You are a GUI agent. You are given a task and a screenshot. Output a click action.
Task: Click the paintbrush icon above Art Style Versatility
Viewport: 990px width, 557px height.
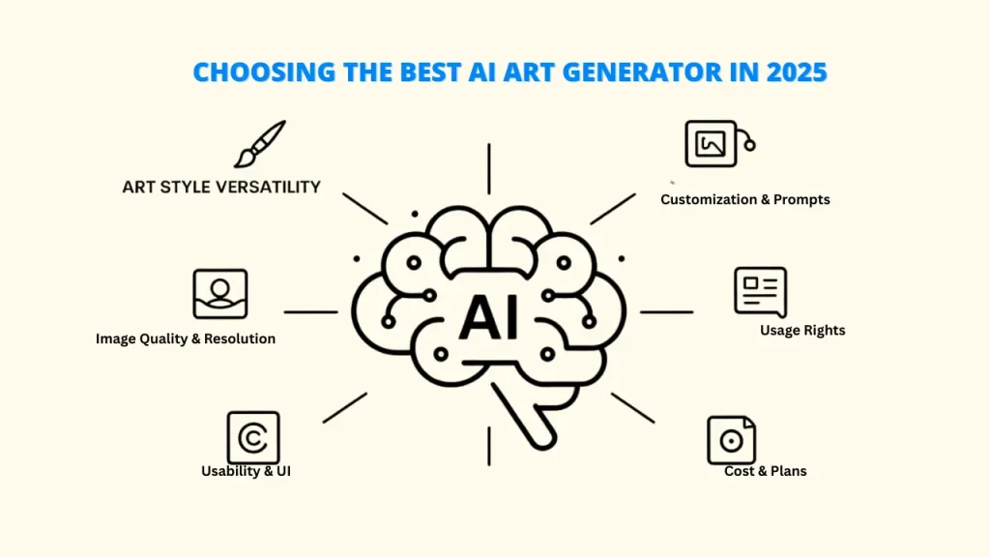click(259, 145)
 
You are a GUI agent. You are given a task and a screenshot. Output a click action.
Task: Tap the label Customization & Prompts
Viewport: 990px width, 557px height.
click(745, 199)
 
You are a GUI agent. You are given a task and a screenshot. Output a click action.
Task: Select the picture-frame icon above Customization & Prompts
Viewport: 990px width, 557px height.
click(719, 144)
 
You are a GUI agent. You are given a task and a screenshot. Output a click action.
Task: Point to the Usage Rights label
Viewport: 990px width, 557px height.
click(802, 331)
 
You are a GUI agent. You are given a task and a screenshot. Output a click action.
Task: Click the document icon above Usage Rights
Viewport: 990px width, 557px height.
click(761, 292)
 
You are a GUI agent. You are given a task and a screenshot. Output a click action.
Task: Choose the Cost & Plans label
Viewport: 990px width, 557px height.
click(766, 471)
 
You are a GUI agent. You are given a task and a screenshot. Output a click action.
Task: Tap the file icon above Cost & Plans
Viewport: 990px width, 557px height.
click(731, 440)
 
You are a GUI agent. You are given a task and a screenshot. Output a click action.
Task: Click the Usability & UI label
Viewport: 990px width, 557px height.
click(246, 471)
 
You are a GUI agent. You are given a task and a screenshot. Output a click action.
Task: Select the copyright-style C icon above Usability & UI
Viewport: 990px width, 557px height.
click(253, 438)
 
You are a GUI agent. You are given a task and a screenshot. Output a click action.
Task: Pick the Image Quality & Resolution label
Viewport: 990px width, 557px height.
click(186, 339)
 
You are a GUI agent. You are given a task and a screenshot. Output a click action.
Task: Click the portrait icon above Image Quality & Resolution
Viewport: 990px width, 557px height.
click(220, 294)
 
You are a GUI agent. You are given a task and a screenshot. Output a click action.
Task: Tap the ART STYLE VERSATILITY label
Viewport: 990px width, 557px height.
click(221, 187)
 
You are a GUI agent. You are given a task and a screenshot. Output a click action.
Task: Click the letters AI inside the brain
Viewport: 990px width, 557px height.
click(489, 317)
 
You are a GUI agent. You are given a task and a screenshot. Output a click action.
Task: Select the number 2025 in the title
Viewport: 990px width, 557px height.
click(797, 72)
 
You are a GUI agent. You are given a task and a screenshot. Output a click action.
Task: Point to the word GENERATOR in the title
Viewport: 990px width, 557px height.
click(642, 72)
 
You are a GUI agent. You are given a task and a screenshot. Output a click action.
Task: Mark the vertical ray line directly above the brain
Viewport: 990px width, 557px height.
click(488, 169)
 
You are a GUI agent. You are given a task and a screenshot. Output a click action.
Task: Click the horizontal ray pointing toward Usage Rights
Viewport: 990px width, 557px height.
click(667, 312)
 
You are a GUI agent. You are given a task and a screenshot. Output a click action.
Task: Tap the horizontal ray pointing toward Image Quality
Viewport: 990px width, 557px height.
click(310, 312)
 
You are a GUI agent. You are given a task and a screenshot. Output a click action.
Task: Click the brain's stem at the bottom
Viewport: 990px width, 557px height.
click(525, 417)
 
